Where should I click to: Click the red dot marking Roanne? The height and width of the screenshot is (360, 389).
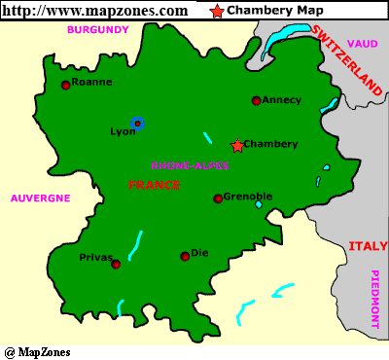coord(66,85)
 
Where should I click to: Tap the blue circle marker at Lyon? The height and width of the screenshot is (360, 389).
coord(137,123)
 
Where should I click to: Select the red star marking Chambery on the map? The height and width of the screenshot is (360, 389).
coord(237,145)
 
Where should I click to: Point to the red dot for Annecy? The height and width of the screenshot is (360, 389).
coord(256,100)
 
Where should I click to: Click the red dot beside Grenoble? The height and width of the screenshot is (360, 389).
coord(218,198)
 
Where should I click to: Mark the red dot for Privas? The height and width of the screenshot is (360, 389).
coord(116,264)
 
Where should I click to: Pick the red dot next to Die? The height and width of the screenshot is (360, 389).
coord(185,257)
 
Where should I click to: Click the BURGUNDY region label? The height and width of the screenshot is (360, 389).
coord(97,30)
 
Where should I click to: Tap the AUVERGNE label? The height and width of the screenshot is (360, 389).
coord(41,198)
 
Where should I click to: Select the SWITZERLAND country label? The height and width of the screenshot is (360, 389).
coord(347,58)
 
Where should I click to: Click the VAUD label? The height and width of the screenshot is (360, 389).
coord(362,44)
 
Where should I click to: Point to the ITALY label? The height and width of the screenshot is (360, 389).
coord(368,246)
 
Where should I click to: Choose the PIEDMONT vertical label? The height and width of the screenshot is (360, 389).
coord(375,299)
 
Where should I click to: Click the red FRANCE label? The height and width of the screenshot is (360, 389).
coord(155,185)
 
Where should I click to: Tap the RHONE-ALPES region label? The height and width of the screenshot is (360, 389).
coord(191,165)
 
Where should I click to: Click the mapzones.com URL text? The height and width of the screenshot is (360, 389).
coord(95,11)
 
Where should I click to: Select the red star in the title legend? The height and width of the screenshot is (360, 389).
coord(216,11)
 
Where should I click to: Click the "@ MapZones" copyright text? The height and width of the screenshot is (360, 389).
coord(37,351)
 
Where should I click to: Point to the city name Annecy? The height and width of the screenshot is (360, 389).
coord(283,99)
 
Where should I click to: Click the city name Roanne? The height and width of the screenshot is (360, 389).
coord(92,83)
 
